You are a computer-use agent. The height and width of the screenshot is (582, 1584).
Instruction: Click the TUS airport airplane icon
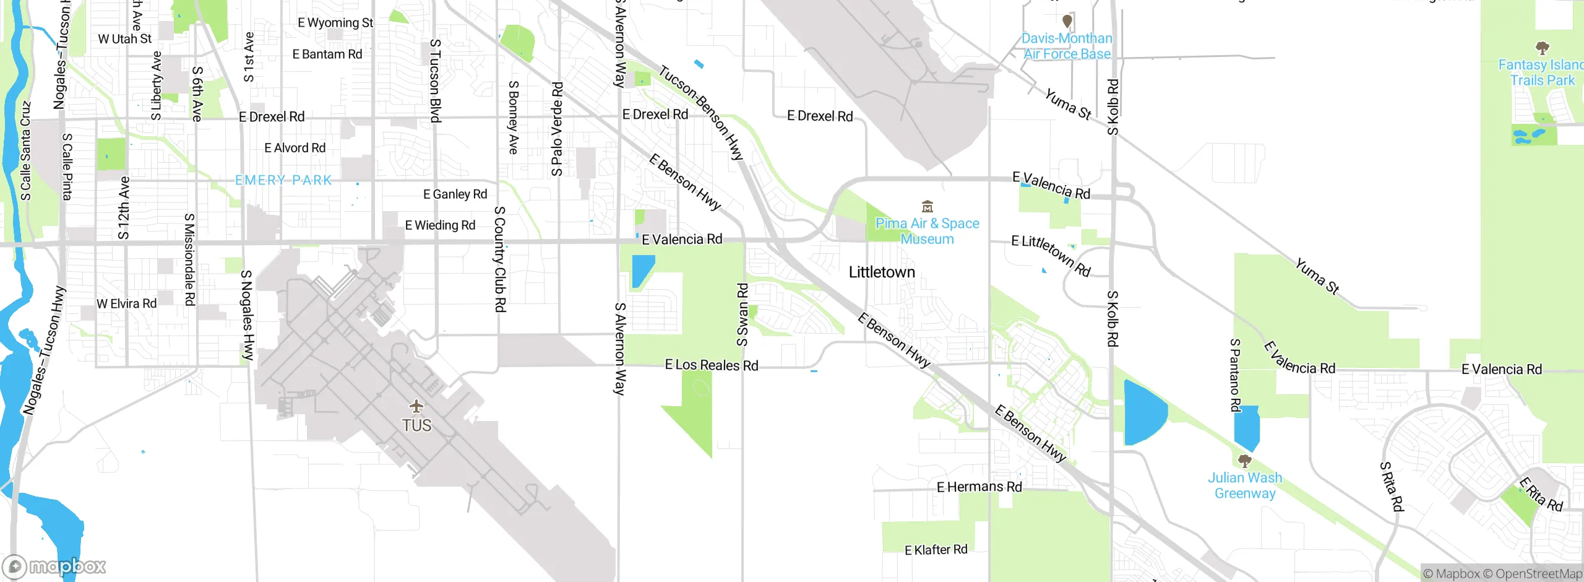416,406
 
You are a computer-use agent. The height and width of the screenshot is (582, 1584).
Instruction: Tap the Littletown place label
881,272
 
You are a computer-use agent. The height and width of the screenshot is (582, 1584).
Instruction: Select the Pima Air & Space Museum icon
927,206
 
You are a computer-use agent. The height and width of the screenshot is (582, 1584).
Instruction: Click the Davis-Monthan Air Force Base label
1066,46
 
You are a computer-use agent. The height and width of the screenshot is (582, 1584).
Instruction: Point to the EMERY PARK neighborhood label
283,180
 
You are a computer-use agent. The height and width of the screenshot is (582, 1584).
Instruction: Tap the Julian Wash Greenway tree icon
1244,461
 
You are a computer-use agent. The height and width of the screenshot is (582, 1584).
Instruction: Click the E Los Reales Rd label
711,365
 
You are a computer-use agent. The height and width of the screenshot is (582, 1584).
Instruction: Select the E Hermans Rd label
979,487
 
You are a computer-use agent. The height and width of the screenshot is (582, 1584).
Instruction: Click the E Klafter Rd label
936,550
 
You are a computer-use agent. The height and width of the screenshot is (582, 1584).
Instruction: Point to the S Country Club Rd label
500,259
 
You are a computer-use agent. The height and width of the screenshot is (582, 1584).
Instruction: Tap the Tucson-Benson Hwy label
700,113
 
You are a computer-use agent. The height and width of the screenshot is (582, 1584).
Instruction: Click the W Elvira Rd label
126,303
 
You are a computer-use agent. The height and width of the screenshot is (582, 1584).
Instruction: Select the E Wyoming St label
335,23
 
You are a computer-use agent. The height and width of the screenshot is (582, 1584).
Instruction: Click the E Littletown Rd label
1050,254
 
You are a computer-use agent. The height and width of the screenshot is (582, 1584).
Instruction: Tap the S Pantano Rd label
1235,375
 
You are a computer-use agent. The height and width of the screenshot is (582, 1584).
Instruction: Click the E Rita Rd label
1541,494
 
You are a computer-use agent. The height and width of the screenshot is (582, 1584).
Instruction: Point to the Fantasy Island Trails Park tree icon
1542,48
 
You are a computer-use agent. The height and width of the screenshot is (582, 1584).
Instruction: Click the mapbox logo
54,566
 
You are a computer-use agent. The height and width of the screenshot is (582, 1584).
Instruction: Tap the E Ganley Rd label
455,194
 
